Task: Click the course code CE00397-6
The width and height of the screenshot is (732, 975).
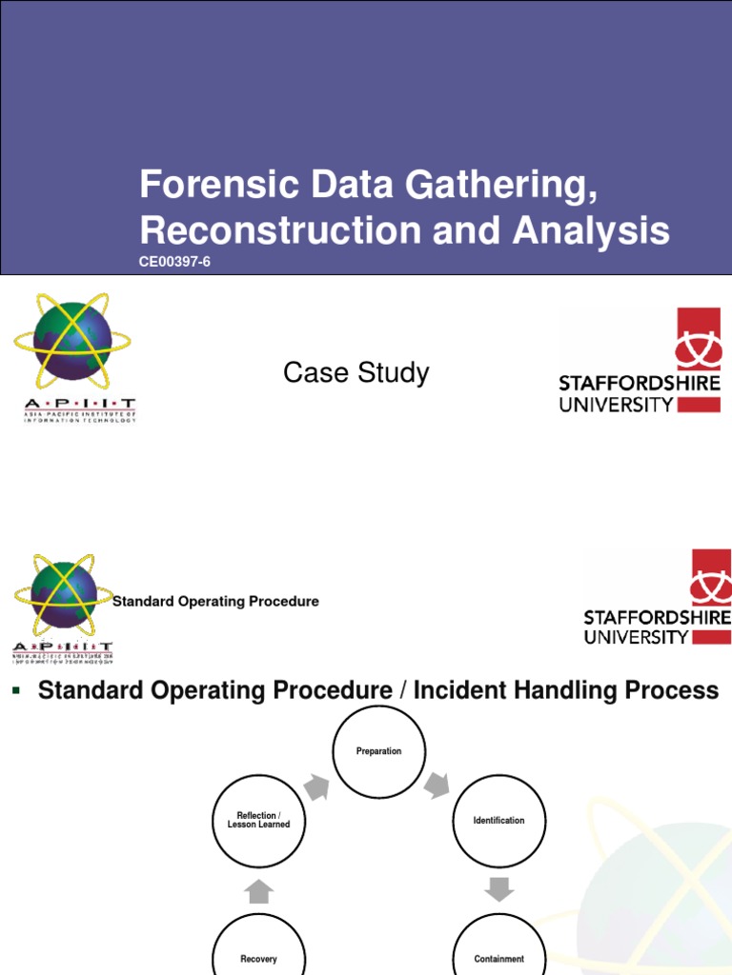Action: [174, 262]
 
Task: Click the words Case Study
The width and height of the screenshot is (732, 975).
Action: [356, 373]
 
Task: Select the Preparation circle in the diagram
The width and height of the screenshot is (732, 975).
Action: [378, 751]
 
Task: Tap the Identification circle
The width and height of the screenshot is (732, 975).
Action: [498, 821]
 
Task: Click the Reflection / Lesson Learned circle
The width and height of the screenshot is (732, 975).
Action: [259, 821]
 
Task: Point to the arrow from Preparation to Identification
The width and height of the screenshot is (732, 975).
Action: [437, 786]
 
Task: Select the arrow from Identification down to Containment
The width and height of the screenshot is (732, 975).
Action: [498, 888]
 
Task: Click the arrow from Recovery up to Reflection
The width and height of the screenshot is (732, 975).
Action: [259, 890]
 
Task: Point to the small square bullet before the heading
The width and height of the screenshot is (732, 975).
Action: [15, 689]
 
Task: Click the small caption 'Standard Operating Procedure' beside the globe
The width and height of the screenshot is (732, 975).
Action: [216, 602]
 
